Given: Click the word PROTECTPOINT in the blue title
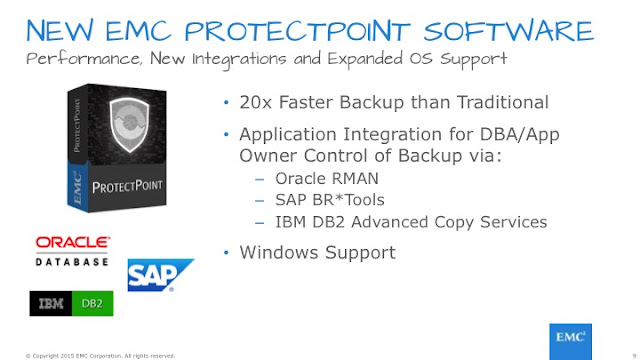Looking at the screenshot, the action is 298,31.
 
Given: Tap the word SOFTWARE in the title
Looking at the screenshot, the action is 509,31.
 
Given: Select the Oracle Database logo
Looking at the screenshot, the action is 72,251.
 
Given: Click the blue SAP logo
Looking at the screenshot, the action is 160,275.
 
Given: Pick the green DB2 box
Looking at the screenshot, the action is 92,303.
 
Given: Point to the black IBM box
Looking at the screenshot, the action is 51,303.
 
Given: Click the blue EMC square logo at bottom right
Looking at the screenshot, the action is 570,342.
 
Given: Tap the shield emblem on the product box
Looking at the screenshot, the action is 129,124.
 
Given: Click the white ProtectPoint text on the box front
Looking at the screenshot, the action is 127,187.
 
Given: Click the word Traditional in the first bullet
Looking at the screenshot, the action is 502,102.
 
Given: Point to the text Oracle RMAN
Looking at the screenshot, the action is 327,178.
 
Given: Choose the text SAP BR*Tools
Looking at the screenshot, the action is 330,200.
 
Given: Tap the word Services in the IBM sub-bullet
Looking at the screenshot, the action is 513,222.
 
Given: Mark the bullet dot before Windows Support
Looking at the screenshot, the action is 227,253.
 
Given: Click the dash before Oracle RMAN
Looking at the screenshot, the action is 260,179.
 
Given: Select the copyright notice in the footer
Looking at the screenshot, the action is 100,356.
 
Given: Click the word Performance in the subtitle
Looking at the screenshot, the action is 85,59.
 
